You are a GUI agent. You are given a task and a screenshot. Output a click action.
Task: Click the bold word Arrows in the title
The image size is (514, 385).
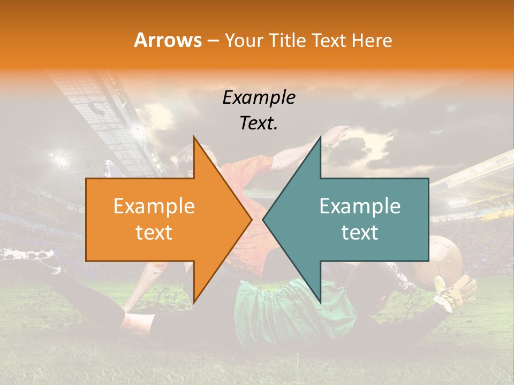(168, 40)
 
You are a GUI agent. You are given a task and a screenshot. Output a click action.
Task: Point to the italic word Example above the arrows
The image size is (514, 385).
(259, 97)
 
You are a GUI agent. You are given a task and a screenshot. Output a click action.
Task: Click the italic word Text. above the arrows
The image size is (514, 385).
(259, 123)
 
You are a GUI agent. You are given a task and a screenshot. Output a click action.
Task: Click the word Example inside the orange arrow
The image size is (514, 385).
(154, 206)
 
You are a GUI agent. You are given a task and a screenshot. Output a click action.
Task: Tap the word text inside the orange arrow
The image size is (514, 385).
(154, 233)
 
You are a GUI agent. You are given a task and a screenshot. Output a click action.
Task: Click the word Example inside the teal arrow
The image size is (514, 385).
(360, 206)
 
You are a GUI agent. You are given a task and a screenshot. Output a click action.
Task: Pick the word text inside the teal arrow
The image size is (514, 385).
(360, 233)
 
